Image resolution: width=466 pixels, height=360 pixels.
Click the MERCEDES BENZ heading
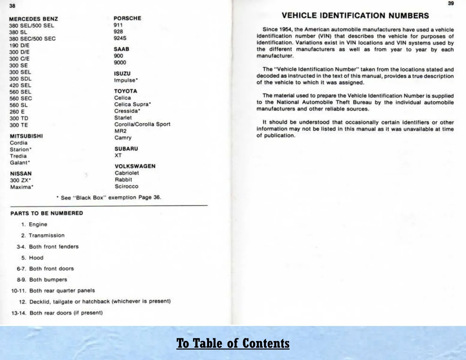(33, 19)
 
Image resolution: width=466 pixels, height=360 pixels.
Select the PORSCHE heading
(127, 18)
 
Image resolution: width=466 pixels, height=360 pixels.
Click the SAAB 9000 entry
(120, 62)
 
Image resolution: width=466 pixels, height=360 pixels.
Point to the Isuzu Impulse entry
(126, 80)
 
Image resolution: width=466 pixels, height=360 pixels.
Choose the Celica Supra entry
(132, 104)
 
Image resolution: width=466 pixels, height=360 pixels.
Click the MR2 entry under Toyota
(120, 131)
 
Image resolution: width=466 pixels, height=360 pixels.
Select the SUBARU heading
(126, 149)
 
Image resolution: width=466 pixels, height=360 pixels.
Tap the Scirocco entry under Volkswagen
(126, 186)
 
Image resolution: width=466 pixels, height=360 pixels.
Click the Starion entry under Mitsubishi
(20, 149)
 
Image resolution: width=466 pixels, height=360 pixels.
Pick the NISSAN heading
(21, 174)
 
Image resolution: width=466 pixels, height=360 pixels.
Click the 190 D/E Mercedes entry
(19, 45)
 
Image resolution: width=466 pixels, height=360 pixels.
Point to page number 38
(12, 6)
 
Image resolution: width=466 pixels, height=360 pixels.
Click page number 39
(451, 4)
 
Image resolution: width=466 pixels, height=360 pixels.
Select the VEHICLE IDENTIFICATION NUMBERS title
(355, 16)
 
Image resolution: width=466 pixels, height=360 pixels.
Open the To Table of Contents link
(233, 343)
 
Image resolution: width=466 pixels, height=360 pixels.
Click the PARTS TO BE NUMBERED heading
(47, 213)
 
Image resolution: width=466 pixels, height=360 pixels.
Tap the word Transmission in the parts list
(47, 235)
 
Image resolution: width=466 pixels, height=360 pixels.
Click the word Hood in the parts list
(36, 258)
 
